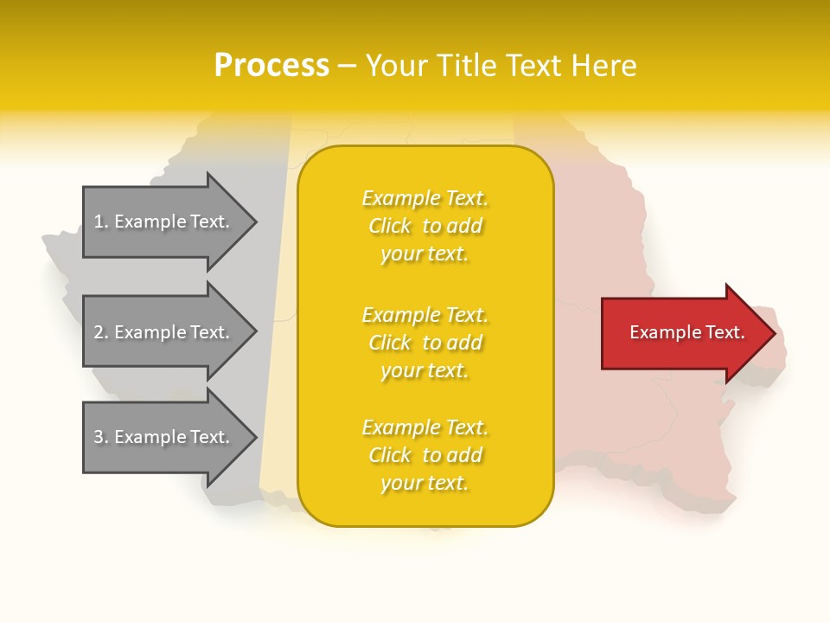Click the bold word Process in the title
click(x=271, y=66)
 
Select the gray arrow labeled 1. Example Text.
click(x=164, y=222)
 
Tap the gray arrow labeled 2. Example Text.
click(x=164, y=332)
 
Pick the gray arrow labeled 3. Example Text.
click(x=164, y=437)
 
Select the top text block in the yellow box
click(x=425, y=226)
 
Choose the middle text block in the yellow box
click(x=425, y=343)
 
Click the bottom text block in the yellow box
click(x=425, y=455)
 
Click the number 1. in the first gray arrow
click(x=101, y=222)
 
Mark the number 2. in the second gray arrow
click(x=101, y=332)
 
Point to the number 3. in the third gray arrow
click(x=101, y=437)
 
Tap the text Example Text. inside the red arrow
click(x=687, y=333)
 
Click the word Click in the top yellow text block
click(x=390, y=226)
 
